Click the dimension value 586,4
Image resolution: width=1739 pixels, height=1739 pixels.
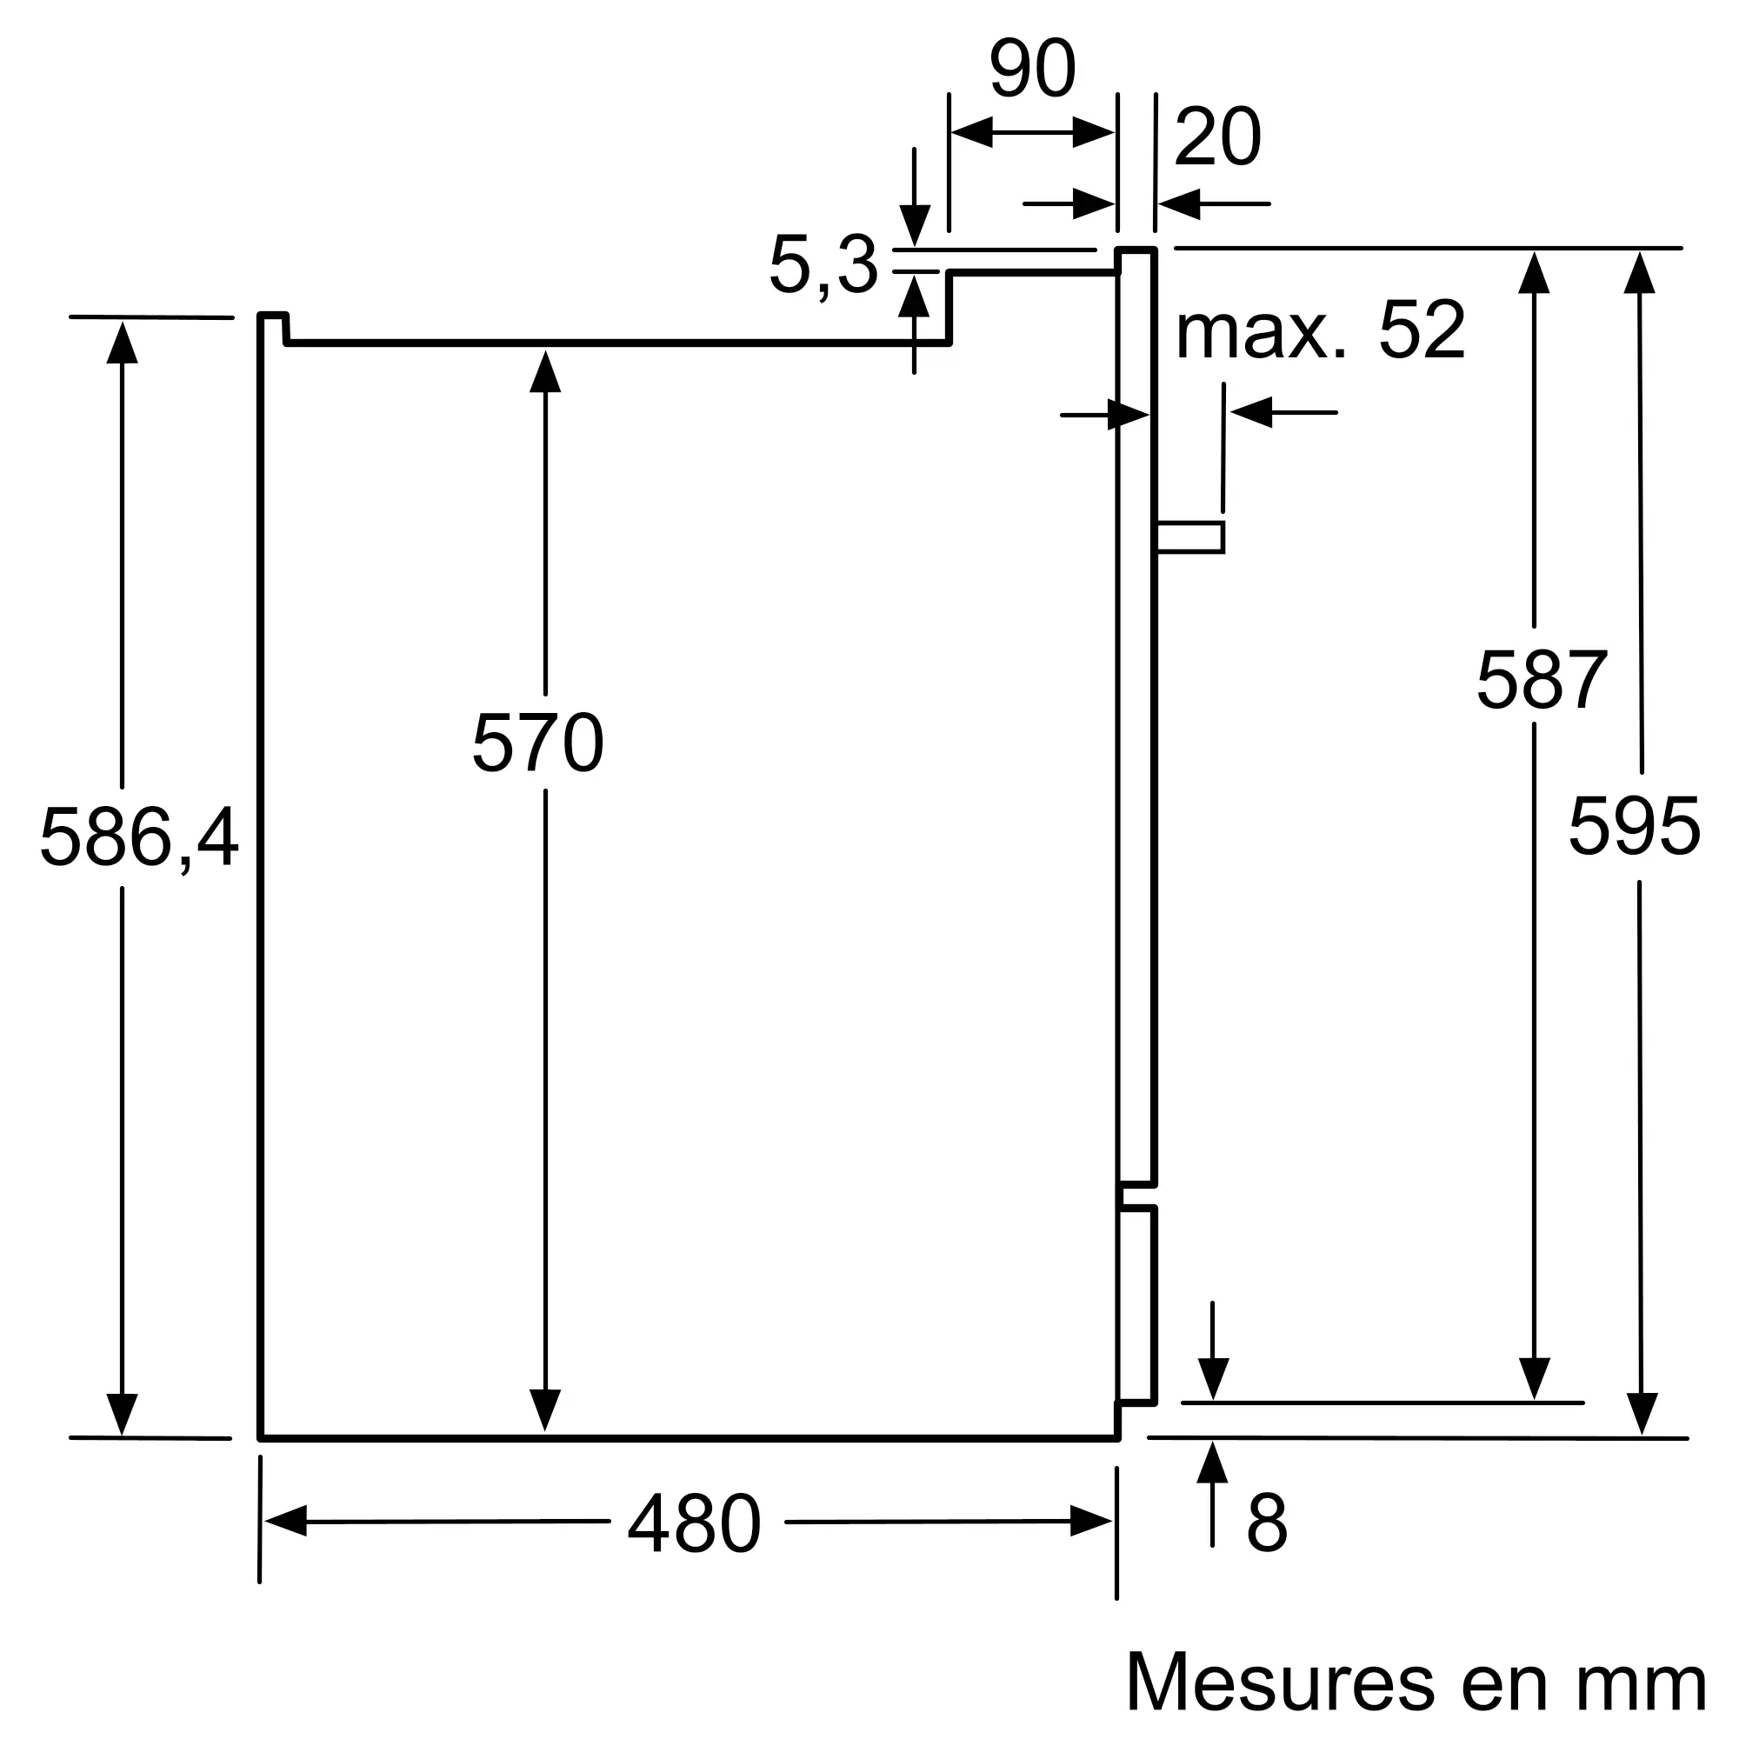[x=139, y=838]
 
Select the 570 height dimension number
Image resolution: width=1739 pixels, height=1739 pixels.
[x=538, y=743]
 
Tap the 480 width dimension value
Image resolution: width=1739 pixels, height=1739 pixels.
[x=695, y=1524]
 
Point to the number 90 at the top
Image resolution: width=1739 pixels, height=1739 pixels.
[x=1032, y=69]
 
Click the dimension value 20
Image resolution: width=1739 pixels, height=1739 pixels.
[x=1218, y=137]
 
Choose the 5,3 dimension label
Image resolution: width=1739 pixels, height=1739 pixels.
[x=823, y=266]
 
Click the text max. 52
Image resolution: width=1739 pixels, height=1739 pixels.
[x=1321, y=330]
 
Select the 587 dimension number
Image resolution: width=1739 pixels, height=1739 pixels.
[x=1542, y=680]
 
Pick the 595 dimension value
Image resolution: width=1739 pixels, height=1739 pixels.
[x=1635, y=826]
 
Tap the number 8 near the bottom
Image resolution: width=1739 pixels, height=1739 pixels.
[x=1268, y=1524]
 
